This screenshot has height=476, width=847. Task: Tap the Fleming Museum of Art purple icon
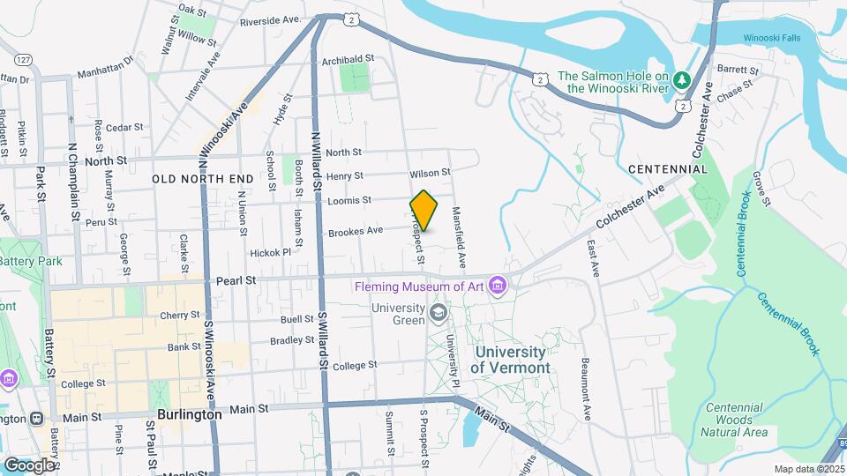(498, 285)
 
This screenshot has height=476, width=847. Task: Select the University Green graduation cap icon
(437, 312)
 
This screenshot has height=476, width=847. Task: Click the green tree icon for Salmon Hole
(680, 81)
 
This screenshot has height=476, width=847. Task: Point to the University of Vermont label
(510, 360)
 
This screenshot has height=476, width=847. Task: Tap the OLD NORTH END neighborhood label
(203, 179)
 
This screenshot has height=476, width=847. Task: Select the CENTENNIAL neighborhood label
(668, 168)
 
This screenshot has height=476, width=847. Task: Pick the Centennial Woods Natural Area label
(735, 420)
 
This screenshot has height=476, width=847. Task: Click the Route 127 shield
(23, 59)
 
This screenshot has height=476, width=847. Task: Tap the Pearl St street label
(236, 280)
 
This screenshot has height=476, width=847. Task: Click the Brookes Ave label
(355, 232)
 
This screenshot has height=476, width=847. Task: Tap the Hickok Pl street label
(270, 252)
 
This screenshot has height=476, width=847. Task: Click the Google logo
(29, 464)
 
